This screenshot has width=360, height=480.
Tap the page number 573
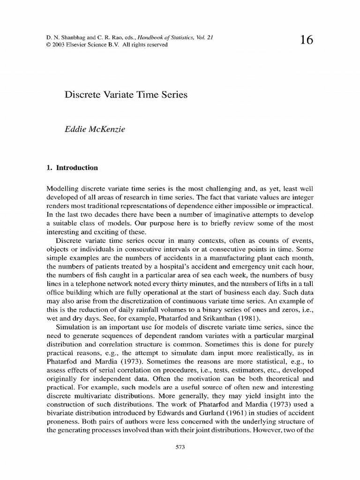[180, 447]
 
